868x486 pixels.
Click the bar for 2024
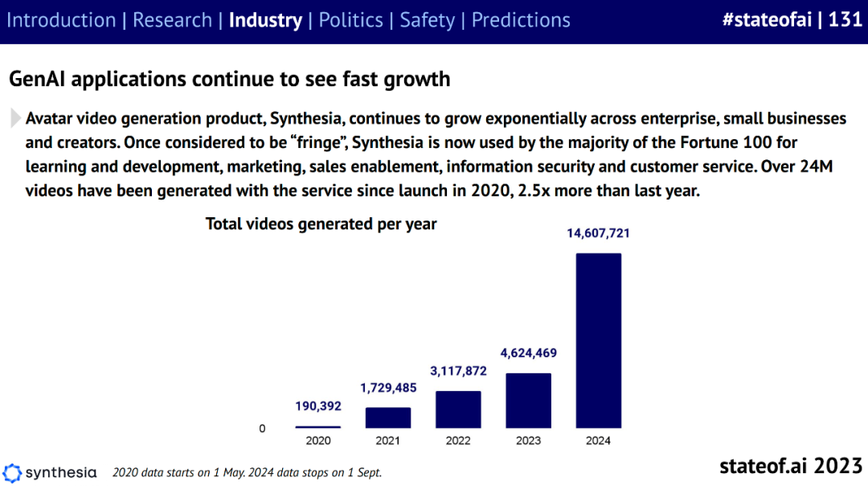(x=598, y=340)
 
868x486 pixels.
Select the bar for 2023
(x=528, y=400)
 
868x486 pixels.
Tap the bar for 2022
(x=458, y=409)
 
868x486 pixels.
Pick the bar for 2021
(x=388, y=417)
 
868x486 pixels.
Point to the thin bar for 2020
(x=318, y=426)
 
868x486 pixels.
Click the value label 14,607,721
(x=599, y=234)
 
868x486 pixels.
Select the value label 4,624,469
(x=528, y=353)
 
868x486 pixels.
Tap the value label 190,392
(x=318, y=406)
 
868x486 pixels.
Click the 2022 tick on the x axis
(x=458, y=441)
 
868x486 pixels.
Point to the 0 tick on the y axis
(x=262, y=429)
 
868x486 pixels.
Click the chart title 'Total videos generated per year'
(x=321, y=224)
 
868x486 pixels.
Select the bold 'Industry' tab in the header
(x=265, y=20)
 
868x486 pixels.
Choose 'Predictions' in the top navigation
(x=521, y=20)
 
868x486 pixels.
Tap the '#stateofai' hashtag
(x=766, y=20)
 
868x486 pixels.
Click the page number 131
(x=845, y=20)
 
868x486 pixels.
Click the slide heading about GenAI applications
(x=229, y=79)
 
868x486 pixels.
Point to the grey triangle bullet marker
(x=15, y=118)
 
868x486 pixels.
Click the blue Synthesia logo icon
(x=12, y=472)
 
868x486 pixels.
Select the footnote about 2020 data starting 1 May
(x=247, y=472)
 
